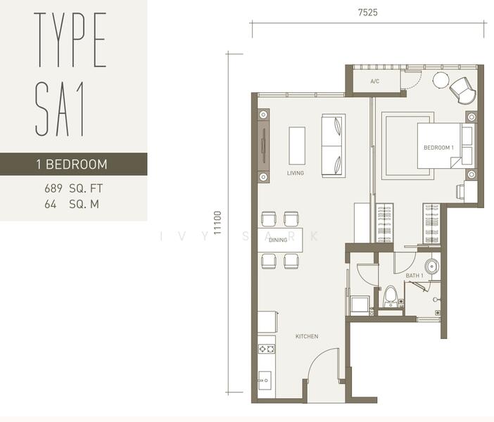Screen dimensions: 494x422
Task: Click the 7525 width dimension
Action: [x=367, y=12]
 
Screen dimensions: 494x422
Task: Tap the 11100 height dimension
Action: [x=217, y=223]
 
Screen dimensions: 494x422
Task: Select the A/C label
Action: [x=375, y=82]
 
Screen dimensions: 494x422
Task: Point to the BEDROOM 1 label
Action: [x=438, y=148]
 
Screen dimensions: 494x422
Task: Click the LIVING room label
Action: [x=296, y=173]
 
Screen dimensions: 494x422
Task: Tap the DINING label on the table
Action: [x=278, y=240]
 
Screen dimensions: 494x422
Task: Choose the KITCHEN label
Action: [x=307, y=336]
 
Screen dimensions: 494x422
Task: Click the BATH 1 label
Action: [x=414, y=276]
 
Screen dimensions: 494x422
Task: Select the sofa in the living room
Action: [x=334, y=146]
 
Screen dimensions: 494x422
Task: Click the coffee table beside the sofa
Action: [x=297, y=146]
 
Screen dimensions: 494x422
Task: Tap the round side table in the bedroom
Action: [x=441, y=80]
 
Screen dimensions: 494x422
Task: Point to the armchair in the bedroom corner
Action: [x=462, y=91]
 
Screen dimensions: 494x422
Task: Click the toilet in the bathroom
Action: [x=391, y=296]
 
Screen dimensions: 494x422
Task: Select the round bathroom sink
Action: [x=432, y=267]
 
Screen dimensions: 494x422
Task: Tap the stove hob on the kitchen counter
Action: [x=267, y=349]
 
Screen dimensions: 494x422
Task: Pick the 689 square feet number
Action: [x=53, y=188]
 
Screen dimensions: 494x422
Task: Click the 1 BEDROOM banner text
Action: [x=72, y=165]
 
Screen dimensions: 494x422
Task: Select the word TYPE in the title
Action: [x=70, y=39]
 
